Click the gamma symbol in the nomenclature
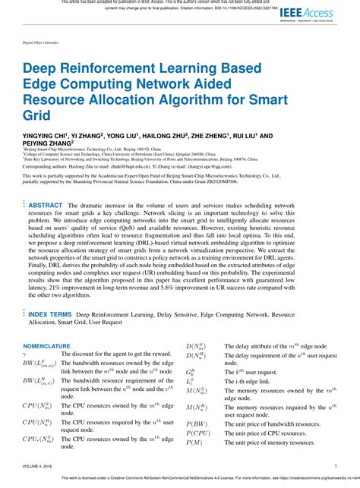25,354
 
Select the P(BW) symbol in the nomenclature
197,423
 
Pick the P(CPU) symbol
200,433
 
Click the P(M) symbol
195,442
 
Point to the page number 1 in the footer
335,467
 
